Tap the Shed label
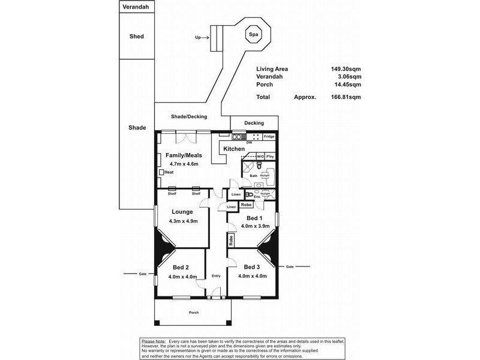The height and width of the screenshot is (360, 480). (137, 36)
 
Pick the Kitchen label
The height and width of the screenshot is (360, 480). (234, 148)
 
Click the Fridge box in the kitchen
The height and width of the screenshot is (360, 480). (269, 137)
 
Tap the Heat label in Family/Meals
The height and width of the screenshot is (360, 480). (169, 172)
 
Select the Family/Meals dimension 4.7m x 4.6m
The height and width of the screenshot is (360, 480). (184, 163)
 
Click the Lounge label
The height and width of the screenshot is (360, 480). (182, 211)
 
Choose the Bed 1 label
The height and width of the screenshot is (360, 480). (253, 218)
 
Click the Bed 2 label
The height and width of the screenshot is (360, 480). (181, 267)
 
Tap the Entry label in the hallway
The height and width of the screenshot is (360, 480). (216, 275)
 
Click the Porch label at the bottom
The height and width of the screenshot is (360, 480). (194, 313)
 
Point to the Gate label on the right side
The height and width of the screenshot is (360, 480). (290, 266)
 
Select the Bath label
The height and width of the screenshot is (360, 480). (254, 176)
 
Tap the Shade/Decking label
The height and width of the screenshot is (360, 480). (188, 116)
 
